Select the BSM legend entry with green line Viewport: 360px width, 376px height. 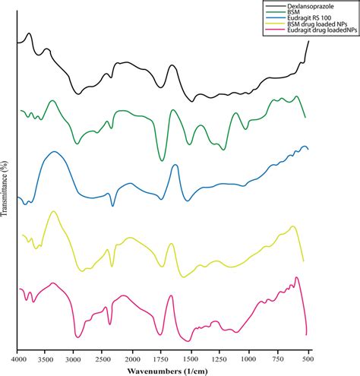pyautogui.click(x=289, y=11)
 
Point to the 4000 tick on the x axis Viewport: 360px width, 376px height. pyautogui.click(x=17, y=355)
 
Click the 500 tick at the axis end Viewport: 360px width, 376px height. pyautogui.click(x=308, y=355)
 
